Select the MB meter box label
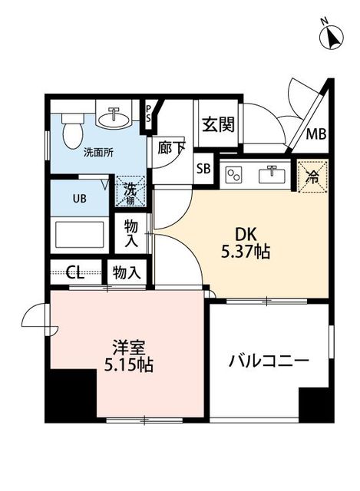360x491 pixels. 316,135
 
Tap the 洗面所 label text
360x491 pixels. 97,152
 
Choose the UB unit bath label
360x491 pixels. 79,197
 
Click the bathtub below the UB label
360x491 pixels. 79,233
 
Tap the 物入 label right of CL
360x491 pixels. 127,272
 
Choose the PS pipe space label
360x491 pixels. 149,114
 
